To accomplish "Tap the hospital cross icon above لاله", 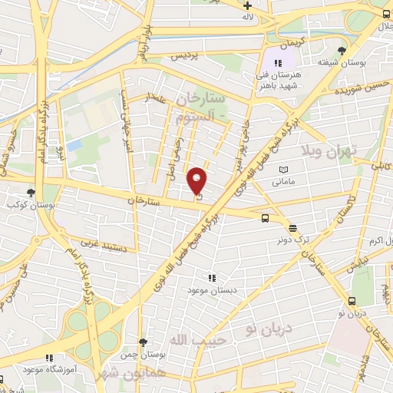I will point(248,5).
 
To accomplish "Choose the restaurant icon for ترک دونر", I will point(292,227).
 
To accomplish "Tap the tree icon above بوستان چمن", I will point(142,343).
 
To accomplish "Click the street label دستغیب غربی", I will point(99,244).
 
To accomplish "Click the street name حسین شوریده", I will point(359,91).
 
